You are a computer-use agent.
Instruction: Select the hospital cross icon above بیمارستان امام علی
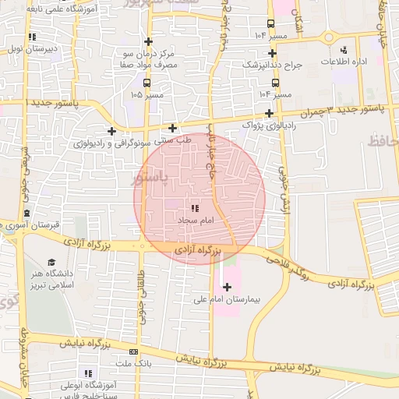click(x=227, y=287)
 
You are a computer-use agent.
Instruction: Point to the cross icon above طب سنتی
click(x=172, y=128)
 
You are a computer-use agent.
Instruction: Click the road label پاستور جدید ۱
click(x=51, y=103)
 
